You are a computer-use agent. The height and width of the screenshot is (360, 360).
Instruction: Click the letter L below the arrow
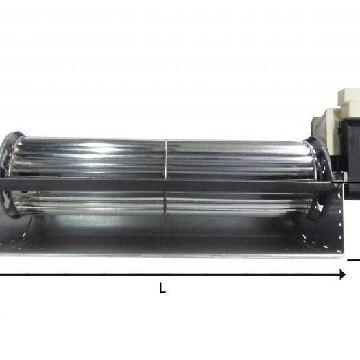pyautogui.click(x=163, y=288)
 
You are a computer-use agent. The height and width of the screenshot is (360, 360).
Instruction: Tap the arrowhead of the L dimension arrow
pyautogui.click(x=342, y=274)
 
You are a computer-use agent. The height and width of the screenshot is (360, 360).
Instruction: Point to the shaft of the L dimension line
pyautogui.click(x=170, y=274)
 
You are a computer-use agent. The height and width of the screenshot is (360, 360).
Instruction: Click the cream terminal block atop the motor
pyautogui.click(x=349, y=99)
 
